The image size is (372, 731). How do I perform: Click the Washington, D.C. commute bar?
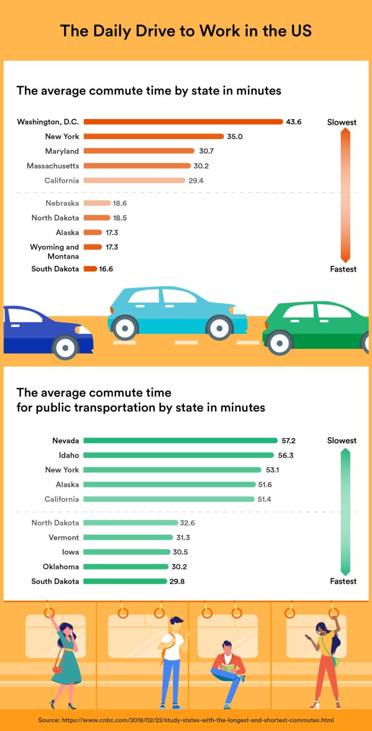pos(183,122)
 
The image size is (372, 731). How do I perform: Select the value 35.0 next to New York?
pos(234,137)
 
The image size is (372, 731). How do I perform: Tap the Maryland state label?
pos(62,151)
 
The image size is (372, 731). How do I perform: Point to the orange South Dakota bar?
pos(90,268)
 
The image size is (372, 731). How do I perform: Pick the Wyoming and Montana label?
pos(54,251)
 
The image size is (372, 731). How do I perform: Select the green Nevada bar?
pos(180,440)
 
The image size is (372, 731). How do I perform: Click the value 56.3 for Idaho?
pos(285,455)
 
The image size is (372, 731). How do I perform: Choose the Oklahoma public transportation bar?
pos(125,567)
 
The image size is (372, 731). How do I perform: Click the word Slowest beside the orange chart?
pos(342,122)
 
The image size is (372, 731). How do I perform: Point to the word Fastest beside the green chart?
pos(343,581)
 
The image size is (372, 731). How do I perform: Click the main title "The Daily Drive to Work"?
pos(185,30)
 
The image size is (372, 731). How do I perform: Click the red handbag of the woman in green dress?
pos(56,669)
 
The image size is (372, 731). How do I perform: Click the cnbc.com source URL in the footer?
pos(207,720)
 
